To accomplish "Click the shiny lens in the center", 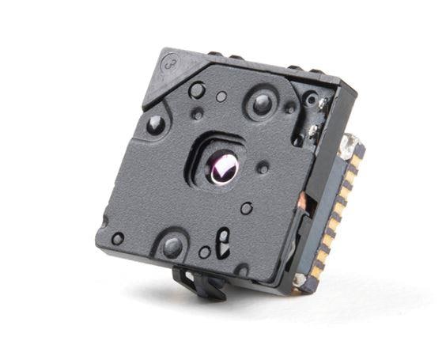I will tap(225, 167).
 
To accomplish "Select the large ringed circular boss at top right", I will tap(259, 101).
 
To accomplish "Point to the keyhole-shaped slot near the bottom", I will tap(224, 239).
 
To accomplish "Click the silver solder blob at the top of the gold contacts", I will tap(348, 145).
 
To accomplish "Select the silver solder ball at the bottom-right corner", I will tap(299, 279).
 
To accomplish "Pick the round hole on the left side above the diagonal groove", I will tap(156, 124).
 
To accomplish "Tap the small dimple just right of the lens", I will tap(263, 168).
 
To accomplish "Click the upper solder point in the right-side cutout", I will tap(313, 103).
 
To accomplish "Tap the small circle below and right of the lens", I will tap(247, 208).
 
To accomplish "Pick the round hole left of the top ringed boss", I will tap(197, 90).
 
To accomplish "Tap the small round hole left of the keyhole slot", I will tap(204, 252).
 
